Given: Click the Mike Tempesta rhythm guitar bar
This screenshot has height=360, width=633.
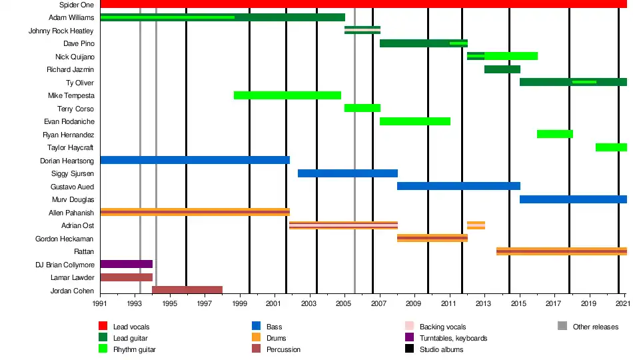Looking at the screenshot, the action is pyautogui.click(x=287, y=95).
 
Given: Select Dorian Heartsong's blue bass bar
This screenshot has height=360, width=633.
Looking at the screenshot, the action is pyautogui.click(x=195, y=160).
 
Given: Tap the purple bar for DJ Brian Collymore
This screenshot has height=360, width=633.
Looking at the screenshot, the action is pyautogui.click(x=127, y=264).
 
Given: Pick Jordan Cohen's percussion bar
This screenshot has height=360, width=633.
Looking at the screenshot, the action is pyautogui.click(x=187, y=290).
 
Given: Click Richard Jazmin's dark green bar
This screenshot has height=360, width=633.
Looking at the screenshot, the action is pyautogui.click(x=502, y=69).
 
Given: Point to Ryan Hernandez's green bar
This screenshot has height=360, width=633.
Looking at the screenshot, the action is pyautogui.click(x=554, y=134).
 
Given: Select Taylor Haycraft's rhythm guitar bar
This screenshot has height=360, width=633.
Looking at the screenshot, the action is pyautogui.click(x=611, y=147).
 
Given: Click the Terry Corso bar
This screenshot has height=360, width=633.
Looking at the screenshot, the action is pyautogui.click(x=362, y=108).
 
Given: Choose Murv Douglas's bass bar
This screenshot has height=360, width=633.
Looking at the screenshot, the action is pyautogui.click(x=573, y=199).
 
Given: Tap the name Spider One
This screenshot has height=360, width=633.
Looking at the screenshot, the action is pyautogui.click(x=77, y=5).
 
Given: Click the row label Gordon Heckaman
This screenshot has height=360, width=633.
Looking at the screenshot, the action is pyautogui.click(x=64, y=239).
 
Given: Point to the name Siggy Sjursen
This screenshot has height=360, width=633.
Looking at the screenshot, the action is pyautogui.click(x=73, y=173).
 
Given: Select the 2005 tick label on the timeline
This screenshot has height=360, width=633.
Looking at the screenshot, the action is pyautogui.click(x=344, y=303).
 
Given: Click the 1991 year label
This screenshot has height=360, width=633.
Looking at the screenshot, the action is pyautogui.click(x=100, y=303).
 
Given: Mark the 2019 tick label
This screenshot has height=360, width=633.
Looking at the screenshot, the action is pyautogui.click(x=588, y=303).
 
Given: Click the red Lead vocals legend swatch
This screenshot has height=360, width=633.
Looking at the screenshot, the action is pyautogui.click(x=103, y=325).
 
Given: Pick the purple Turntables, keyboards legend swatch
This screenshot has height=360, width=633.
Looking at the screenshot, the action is pyautogui.click(x=409, y=337).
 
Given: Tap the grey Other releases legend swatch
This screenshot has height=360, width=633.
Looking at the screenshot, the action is pyautogui.click(x=562, y=325).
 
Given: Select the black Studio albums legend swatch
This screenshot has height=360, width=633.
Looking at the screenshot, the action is pyautogui.click(x=409, y=348).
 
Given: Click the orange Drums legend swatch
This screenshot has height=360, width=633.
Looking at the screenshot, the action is pyautogui.click(x=256, y=337).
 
